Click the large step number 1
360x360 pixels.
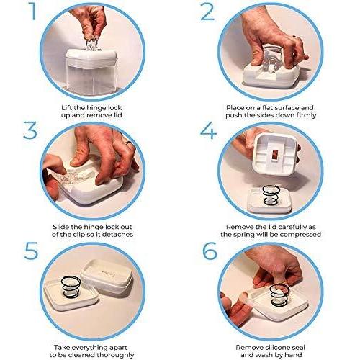[x=32, y=12]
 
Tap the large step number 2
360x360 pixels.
[x=207, y=12]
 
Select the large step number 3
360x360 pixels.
[x=30, y=130]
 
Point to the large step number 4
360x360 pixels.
[x=208, y=130]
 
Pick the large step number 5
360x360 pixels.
[x=31, y=251]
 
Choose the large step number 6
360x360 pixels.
[x=210, y=251]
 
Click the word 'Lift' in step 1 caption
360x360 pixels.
[x=67, y=107]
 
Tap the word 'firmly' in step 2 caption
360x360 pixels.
[x=306, y=115]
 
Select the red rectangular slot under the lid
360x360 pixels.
[x=274, y=154]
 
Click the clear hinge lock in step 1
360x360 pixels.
[x=92, y=44]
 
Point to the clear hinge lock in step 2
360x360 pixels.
[x=274, y=58]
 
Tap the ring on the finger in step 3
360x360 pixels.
[x=127, y=143]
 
